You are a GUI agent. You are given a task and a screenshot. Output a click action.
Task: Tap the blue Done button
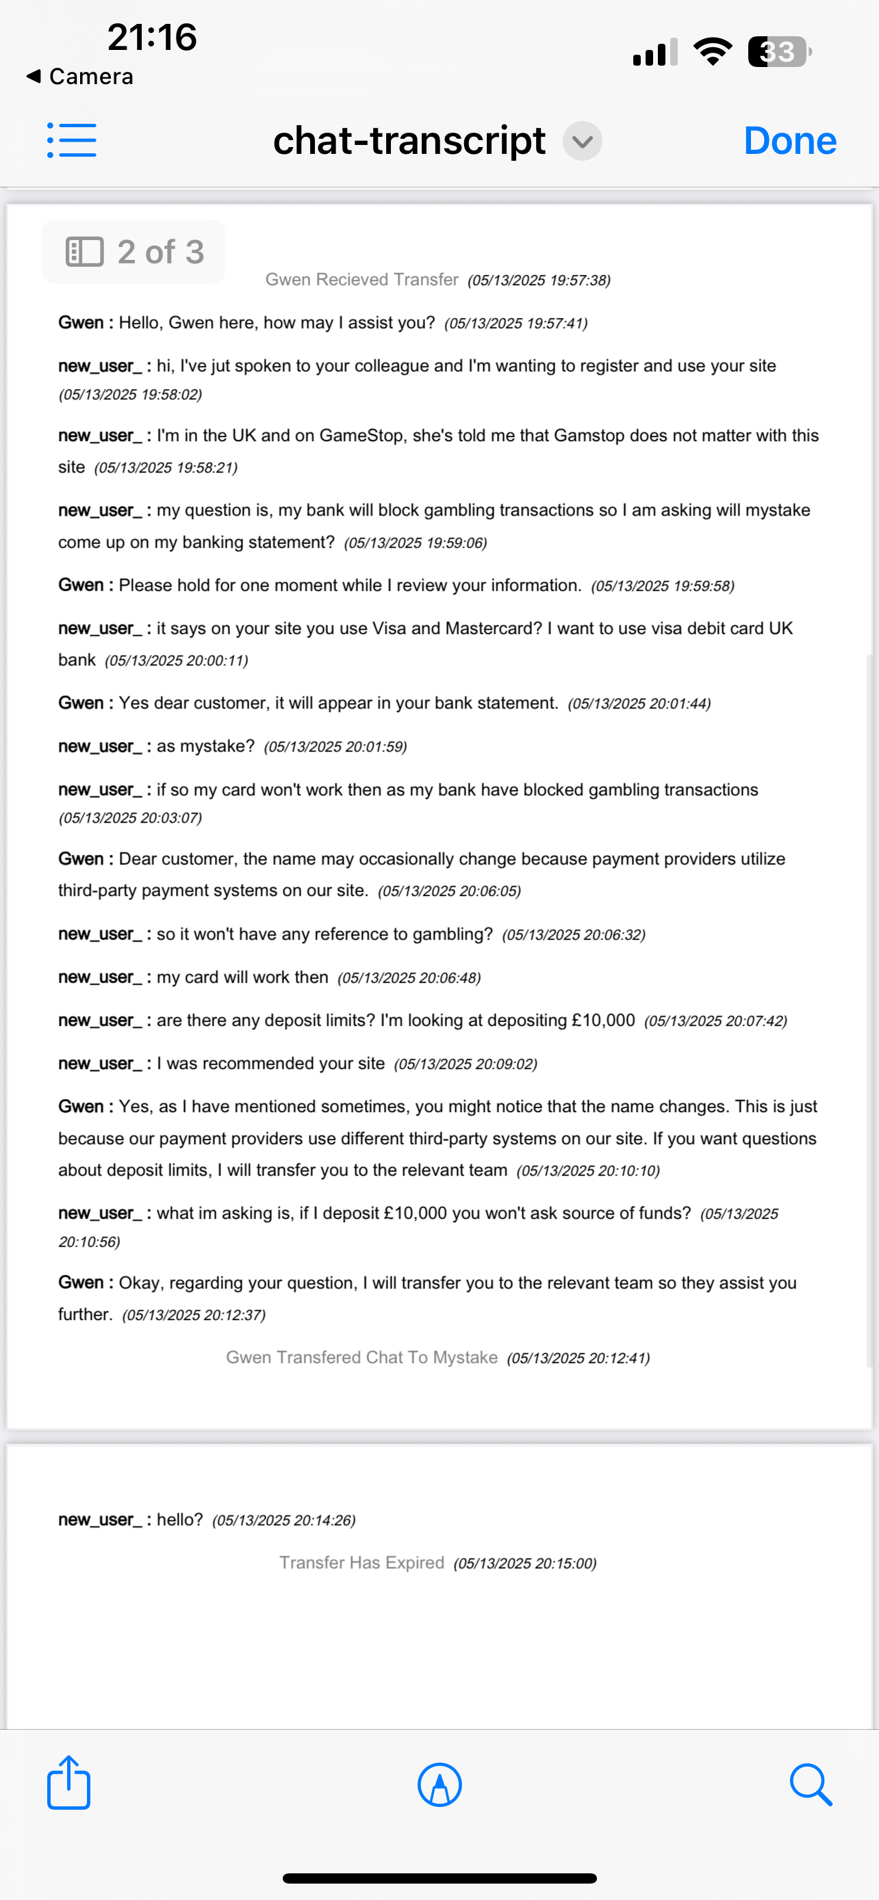(790, 140)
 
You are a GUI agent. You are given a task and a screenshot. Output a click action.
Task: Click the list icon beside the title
(72, 140)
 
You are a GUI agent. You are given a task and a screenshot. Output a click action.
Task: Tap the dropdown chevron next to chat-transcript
(583, 141)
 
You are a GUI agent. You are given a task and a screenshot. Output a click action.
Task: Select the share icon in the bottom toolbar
(68, 1784)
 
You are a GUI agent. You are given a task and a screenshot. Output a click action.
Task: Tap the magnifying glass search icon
(811, 1785)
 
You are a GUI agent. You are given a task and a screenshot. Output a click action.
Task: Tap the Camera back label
(81, 77)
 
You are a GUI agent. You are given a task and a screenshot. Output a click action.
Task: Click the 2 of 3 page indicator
(133, 252)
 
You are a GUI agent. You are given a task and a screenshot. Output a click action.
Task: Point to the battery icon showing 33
(778, 51)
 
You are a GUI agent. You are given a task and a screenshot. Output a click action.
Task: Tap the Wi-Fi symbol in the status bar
(712, 51)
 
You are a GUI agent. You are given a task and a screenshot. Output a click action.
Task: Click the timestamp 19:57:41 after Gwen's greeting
(516, 324)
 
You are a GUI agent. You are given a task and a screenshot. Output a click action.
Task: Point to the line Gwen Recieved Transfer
(361, 280)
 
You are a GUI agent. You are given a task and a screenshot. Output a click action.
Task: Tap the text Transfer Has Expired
(361, 1563)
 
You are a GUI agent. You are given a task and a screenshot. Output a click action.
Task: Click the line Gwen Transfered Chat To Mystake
(361, 1358)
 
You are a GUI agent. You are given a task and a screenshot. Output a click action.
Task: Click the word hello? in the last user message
(179, 1520)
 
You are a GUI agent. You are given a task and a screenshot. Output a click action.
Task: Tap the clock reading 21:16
(152, 37)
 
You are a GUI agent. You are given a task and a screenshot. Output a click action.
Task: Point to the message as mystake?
(205, 746)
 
